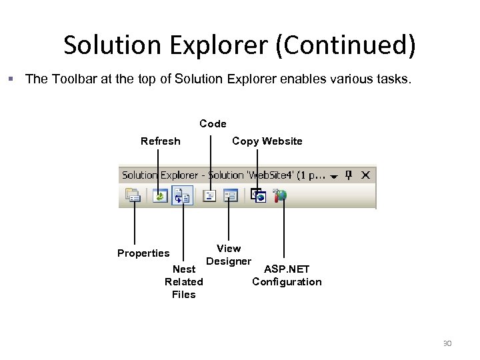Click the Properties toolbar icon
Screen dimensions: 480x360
coord(134,196)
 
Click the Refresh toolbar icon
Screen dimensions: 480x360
coord(159,196)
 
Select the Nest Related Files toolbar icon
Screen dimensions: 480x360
coord(182,196)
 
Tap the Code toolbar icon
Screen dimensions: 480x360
coord(210,196)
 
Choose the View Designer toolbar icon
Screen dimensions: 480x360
coord(231,196)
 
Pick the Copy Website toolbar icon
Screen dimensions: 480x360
coord(258,196)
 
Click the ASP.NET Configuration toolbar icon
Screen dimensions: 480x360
coord(281,196)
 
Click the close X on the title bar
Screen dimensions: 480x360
coord(365,175)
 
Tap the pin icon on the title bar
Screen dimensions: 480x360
coord(349,175)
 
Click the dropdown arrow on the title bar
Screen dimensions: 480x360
coord(333,176)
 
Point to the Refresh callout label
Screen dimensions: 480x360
coord(160,141)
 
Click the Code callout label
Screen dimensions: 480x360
coord(213,123)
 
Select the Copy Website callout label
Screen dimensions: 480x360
coord(267,141)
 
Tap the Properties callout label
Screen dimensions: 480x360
coord(143,253)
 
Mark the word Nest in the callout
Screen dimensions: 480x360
coord(184,269)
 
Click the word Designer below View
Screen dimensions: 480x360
coord(229,261)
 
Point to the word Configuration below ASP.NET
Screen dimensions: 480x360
coord(287,281)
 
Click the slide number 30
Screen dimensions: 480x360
coord(447,343)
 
